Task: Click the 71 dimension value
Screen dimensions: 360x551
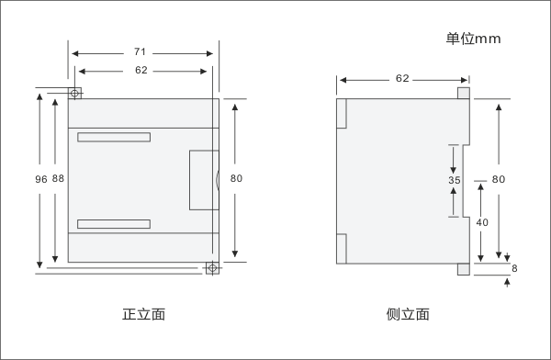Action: tap(140, 52)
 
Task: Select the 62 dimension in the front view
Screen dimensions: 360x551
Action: tap(141, 70)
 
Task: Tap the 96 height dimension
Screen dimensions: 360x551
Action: tap(40, 180)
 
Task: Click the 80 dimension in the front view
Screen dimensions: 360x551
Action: tap(236, 179)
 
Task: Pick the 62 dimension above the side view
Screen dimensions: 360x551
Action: tap(402, 78)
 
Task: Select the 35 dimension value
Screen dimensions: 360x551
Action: tap(454, 181)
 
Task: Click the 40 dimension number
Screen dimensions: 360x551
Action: tap(481, 222)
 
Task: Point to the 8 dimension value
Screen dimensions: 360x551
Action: tap(514, 268)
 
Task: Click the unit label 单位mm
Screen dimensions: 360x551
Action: tap(473, 38)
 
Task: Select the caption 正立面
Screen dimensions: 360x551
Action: tap(143, 314)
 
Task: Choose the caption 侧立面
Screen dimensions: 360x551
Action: tap(408, 314)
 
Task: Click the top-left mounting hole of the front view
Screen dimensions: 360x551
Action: tap(75, 93)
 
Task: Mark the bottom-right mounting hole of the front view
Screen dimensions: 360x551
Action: tap(212, 268)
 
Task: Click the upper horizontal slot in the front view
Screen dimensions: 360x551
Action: tap(113, 139)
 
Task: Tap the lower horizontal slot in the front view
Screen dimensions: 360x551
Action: tap(113, 224)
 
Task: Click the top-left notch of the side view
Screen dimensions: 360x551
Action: tap(341, 112)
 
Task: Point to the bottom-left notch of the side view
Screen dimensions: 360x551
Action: tap(341, 248)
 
